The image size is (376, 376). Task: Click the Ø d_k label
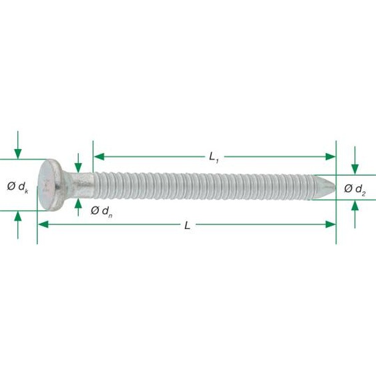(18, 186)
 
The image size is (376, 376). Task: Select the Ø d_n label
(101, 211)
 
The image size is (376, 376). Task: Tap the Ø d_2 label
(355, 189)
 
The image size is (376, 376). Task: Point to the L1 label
(214, 157)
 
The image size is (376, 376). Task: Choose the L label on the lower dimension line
(188, 225)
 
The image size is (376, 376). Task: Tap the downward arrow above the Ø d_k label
(18, 154)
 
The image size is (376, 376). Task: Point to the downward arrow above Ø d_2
(355, 169)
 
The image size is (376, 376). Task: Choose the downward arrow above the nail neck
(79, 167)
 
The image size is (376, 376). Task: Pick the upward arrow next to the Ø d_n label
(79, 203)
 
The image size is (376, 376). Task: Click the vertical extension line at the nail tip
(336, 200)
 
